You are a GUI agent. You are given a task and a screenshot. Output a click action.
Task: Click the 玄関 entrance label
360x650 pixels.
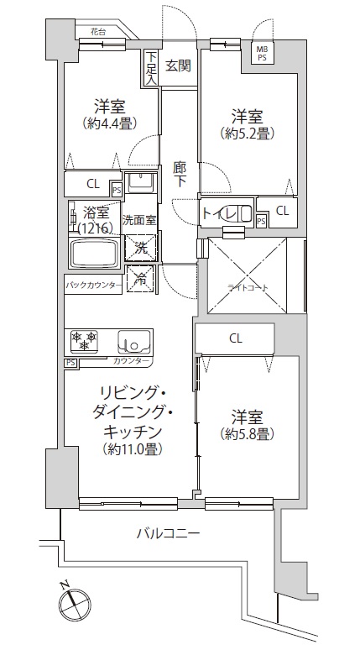click(x=179, y=66)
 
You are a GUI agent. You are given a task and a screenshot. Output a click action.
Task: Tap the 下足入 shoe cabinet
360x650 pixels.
click(x=151, y=68)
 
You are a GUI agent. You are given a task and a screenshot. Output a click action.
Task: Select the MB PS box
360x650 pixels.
click(x=263, y=53)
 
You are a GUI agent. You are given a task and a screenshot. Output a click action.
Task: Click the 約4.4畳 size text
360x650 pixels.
click(x=110, y=123)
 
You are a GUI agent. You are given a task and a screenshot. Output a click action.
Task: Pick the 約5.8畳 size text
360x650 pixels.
click(x=248, y=433)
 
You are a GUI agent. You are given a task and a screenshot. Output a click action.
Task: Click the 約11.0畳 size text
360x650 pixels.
click(x=133, y=448)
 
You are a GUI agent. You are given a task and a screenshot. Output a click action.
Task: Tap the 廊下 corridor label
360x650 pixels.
click(x=180, y=175)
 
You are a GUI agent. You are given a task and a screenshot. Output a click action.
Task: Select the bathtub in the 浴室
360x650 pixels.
click(x=95, y=253)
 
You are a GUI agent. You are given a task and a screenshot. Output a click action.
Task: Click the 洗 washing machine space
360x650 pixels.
click(x=140, y=249)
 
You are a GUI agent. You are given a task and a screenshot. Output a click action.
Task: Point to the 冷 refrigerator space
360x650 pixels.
click(x=141, y=280)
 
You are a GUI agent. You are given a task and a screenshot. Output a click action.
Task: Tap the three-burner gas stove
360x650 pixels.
click(x=85, y=341)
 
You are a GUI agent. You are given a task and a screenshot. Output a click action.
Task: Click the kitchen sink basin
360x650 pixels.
click(x=134, y=342)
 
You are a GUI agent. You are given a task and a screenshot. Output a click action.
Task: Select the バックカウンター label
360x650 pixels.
click(x=93, y=286)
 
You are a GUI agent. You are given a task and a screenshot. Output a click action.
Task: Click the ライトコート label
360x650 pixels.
click(x=248, y=287)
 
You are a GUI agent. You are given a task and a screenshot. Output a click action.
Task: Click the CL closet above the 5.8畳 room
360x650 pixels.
click(x=235, y=339)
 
